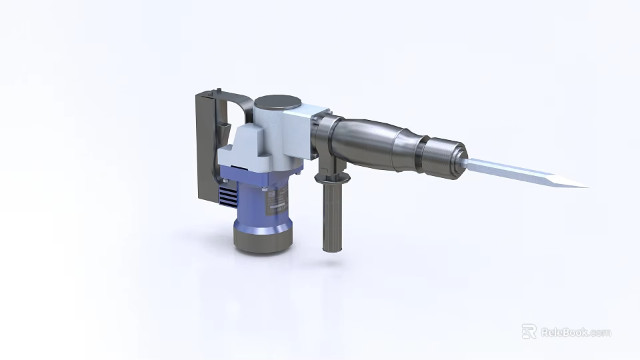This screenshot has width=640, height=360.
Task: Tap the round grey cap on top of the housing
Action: [x=277, y=103]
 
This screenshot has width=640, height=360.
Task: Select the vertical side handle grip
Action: [x=331, y=217]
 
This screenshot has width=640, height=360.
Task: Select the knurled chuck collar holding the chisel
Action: [x=444, y=157]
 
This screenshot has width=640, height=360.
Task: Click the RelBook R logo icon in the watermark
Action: [x=529, y=331]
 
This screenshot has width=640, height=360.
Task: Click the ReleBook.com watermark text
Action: [x=575, y=332]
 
